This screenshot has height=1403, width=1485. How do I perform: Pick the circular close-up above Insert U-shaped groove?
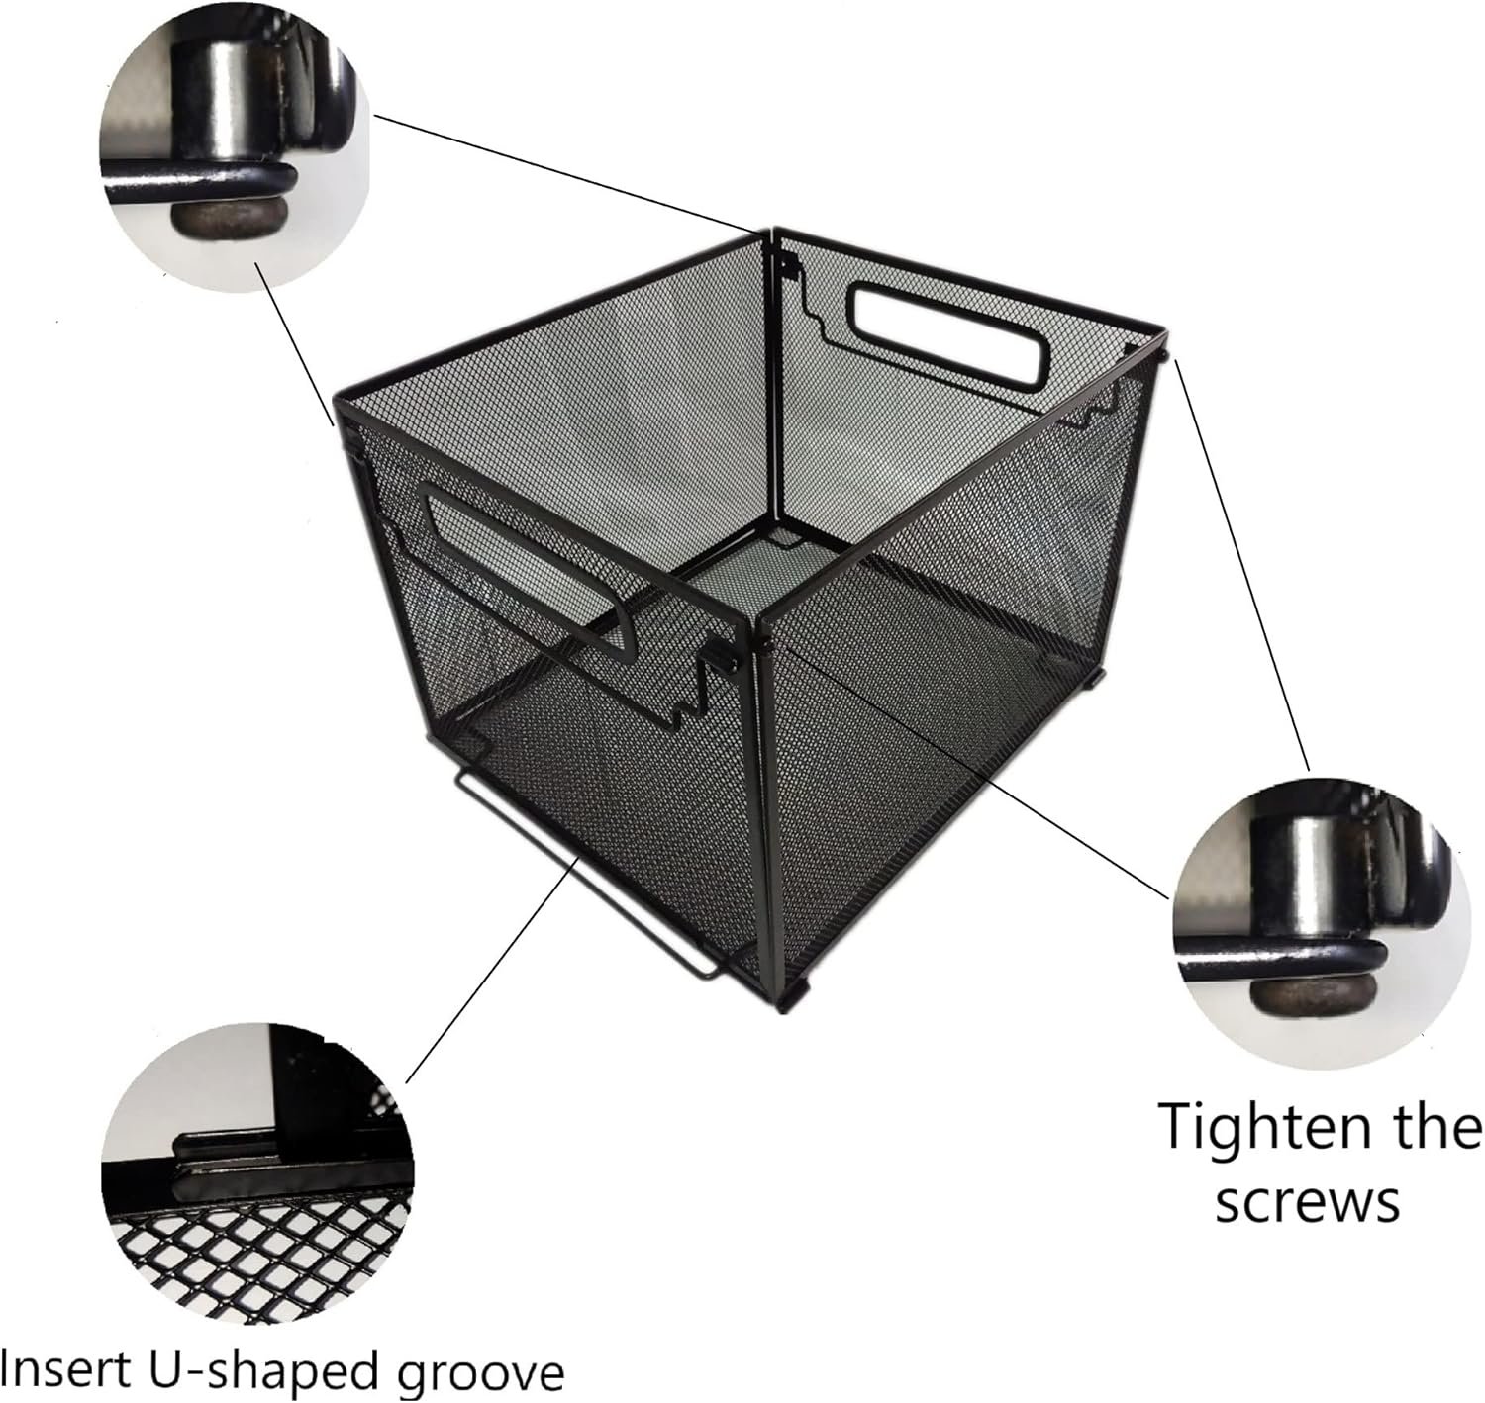click(256, 1173)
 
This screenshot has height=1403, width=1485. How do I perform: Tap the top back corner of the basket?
click(772, 232)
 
